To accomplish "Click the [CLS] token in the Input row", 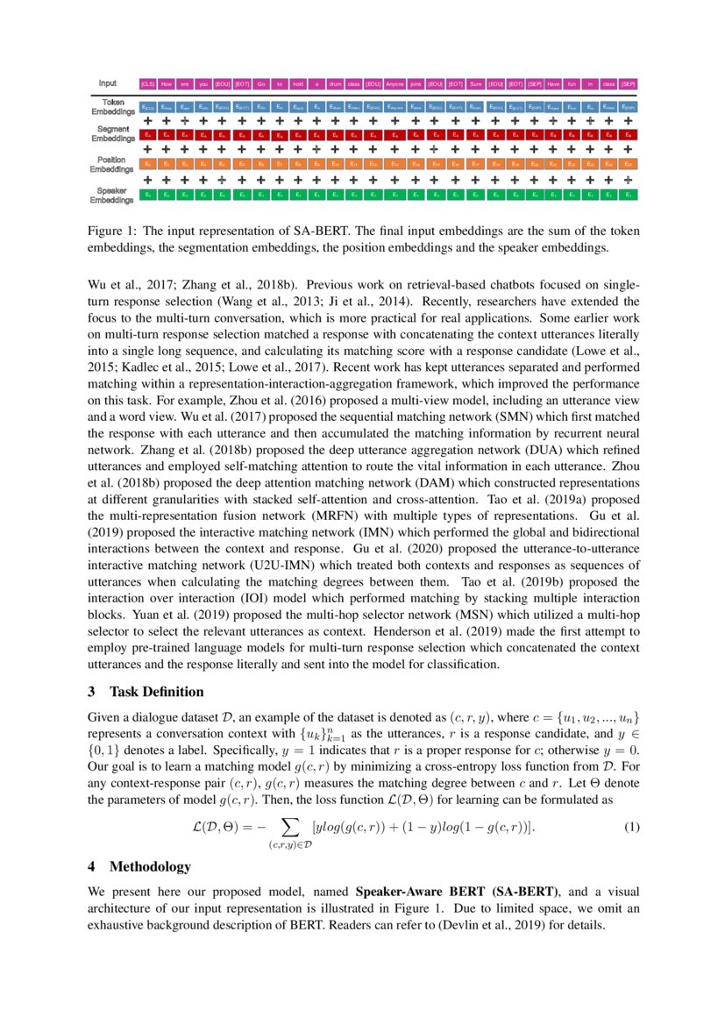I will tap(148, 84).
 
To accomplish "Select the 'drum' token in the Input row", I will tap(335, 84).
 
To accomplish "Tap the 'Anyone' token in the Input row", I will tap(395, 84).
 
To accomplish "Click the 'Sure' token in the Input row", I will tap(475, 84).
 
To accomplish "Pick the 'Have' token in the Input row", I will tap(554, 84).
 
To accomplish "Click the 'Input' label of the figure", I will tap(107, 83).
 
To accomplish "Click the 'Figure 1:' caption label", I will tap(112, 231).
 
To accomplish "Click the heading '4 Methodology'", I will tap(139, 866).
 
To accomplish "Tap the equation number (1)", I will tap(630, 828).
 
